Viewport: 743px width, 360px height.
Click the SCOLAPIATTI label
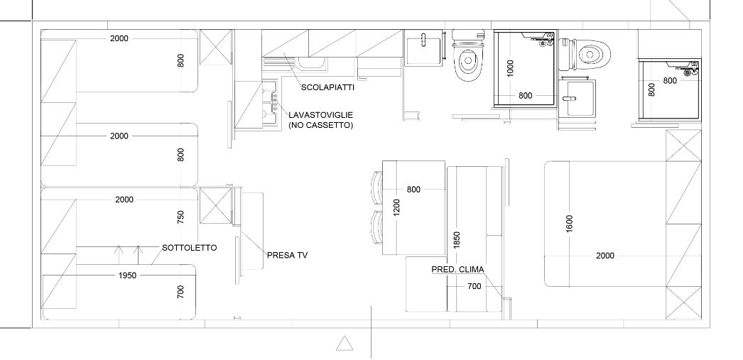click(327, 87)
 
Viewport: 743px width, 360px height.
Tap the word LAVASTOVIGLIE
click(321, 115)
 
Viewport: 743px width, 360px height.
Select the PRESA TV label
click(288, 255)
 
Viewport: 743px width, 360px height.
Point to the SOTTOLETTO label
click(190, 248)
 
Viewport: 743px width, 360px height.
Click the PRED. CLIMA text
click(457, 270)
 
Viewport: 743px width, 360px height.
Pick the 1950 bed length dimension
click(127, 276)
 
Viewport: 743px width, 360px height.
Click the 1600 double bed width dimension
click(570, 224)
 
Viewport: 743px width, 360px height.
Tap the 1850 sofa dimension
click(457, 240)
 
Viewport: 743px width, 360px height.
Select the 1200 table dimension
click(397, 207)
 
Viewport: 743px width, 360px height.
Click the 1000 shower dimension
click(510, 68)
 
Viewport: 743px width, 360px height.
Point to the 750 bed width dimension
click(180, 217)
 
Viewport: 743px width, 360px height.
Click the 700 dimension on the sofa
click(474, 286)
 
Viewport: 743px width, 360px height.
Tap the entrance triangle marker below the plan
click(345, 344)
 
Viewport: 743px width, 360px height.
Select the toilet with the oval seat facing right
click(586, 55)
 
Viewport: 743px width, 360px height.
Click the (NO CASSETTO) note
click(321, 126)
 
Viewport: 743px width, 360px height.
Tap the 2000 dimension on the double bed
click(605, 256)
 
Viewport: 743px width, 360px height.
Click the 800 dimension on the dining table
click(413, 190)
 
